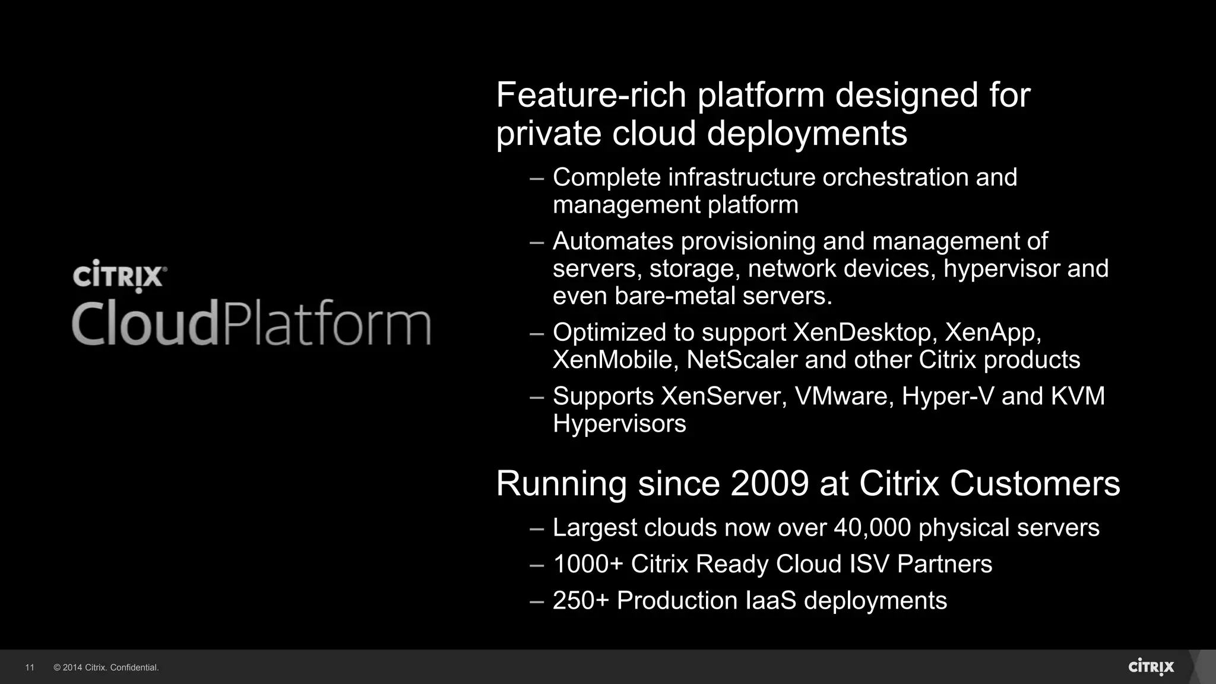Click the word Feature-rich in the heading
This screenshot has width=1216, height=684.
click(x=591, y=95)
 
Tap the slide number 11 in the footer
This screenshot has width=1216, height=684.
click(x=30, y=667)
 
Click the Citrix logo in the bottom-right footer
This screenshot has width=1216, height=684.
click(x=1151, y=667)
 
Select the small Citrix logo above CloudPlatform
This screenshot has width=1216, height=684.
click(x=119, y=276)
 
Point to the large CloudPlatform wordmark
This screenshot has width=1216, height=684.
click(x=251, y=324)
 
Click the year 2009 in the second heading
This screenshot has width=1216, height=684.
click(x=769, y=483)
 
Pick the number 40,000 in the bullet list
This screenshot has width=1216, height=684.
click(x=872, y=528)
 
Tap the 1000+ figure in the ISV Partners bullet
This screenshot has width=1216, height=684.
click(x=588, y=564)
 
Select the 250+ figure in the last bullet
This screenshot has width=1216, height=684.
click(x=581, y=600)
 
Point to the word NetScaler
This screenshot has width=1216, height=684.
click(x=742, y=360)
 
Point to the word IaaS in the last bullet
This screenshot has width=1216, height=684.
click(x=770, y=600)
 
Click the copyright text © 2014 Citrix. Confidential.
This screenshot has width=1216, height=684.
click(x=106, y=667)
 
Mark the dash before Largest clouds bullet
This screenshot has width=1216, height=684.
click(x=537, y=528)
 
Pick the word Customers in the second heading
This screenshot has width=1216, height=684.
click(x=1035, y=483)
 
